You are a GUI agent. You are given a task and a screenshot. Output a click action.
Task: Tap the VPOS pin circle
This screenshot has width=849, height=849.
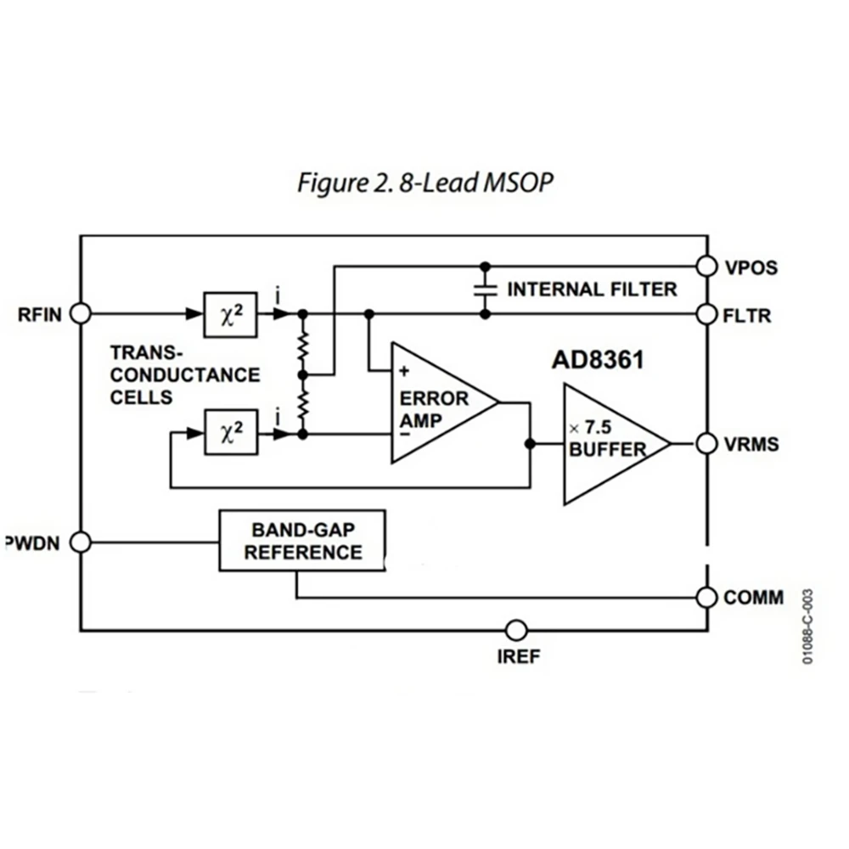click(706, 267)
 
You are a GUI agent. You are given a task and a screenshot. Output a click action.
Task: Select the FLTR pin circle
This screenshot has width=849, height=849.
click(706, 314)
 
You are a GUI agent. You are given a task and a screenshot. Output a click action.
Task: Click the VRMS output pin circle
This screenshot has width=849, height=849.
click(706, 443)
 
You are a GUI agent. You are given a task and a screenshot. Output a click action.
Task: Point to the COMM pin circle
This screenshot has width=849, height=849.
click(706, 597)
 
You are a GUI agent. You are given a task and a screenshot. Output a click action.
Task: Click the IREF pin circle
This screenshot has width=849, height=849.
click(515, 631)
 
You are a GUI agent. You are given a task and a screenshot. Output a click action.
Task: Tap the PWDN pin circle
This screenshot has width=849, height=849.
click(81, 542)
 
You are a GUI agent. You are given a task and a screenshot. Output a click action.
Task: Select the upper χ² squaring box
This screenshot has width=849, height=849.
click(229, 313)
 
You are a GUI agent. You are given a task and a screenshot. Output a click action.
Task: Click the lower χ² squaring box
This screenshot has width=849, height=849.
click(229, 434)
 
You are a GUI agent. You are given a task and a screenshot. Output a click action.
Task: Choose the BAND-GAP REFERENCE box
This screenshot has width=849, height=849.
click(301, 541)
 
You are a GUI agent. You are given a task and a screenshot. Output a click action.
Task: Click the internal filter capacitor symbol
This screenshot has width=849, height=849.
click(485, 290)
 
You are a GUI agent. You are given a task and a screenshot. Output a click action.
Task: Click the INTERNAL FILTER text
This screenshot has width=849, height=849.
click(592, 290)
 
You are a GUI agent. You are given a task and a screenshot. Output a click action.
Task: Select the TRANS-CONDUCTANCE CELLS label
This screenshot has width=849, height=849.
click(185, 374)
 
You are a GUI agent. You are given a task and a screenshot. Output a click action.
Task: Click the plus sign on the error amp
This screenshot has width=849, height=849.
click(404, 370)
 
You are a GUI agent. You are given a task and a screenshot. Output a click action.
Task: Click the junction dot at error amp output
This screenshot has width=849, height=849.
click(530, 443)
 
